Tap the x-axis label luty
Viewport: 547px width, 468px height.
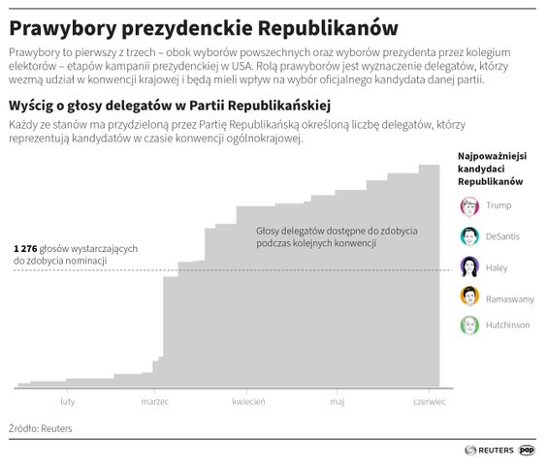click(67, 400)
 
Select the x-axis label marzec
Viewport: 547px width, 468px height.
click(155, 400)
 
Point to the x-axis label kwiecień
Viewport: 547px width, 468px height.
click(248, 400)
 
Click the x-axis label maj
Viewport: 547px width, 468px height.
click(337, 400)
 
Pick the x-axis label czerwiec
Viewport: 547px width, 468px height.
click(429, 400)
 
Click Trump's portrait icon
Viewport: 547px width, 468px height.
click(469, 205)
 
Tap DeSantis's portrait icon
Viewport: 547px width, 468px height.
click(469, 235)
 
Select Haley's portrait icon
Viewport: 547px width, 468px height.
click(469, 265)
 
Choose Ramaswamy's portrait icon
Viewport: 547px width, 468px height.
click(469, 296)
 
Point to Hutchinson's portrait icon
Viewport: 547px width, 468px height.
click(469, 326)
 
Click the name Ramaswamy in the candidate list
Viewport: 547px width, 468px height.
click(510, 296)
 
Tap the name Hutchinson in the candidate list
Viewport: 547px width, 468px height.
click(507, 326)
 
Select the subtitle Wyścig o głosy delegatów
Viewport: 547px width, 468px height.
click(170, 105)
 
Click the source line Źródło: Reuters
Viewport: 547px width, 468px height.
click(41, 428)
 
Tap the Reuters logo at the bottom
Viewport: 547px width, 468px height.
click(489, 451)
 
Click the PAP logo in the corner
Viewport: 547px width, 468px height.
click(528, 450)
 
